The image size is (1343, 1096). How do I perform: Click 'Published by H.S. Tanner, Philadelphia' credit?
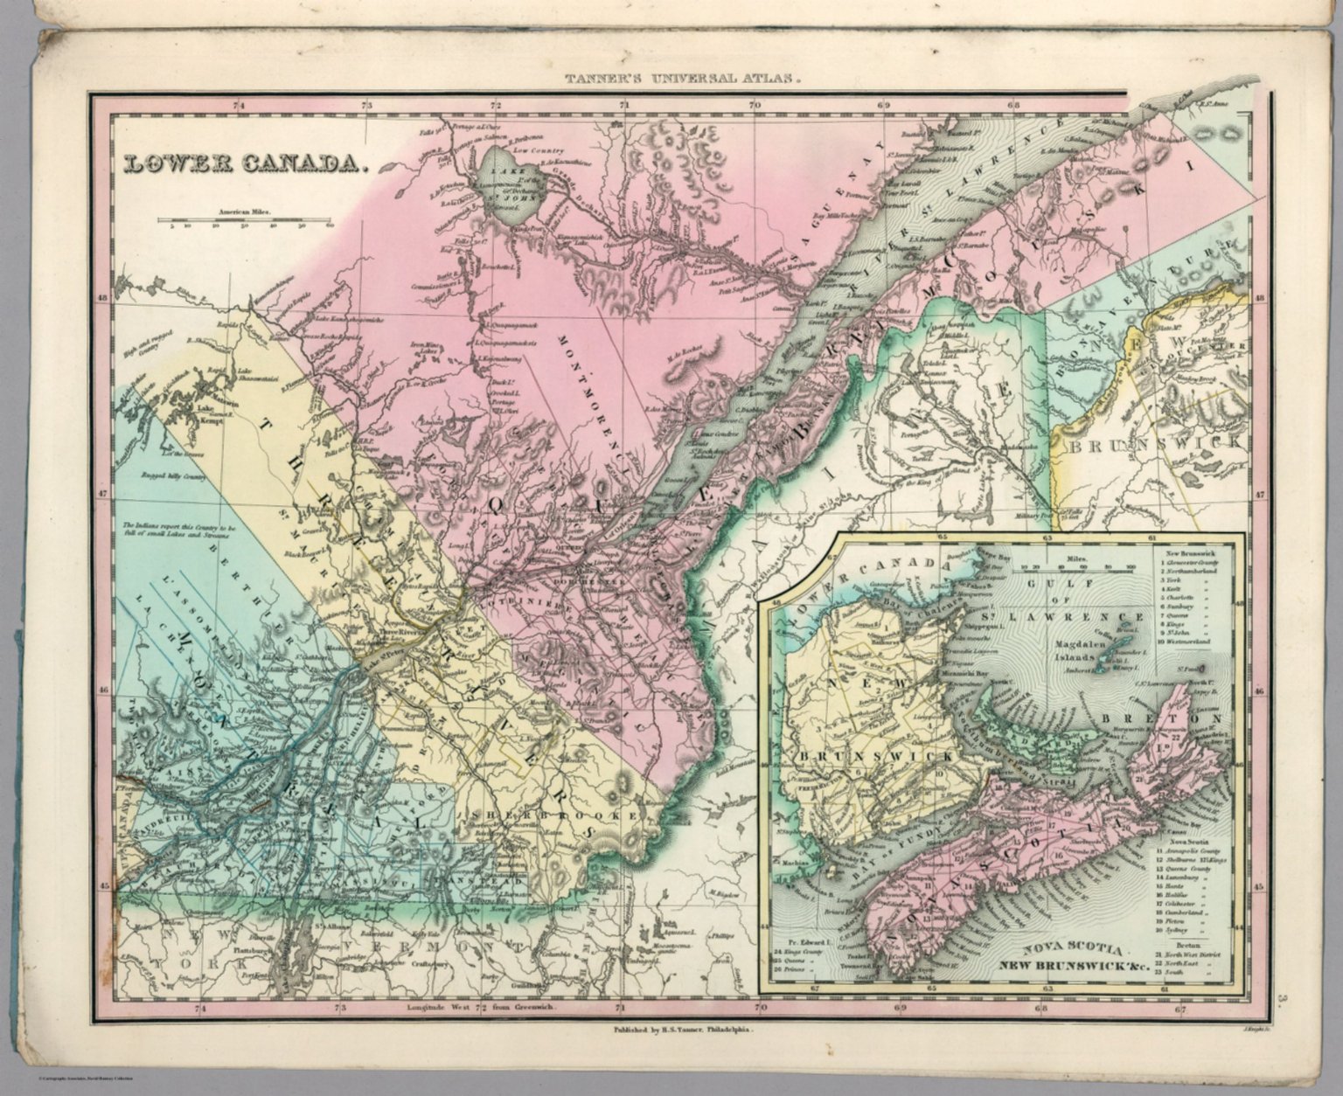[x=682, y=1031]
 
